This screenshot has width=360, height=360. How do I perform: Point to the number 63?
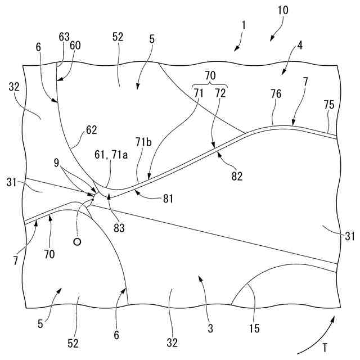64,37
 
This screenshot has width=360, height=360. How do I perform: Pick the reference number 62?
92,129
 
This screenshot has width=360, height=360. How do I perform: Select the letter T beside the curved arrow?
327,346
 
